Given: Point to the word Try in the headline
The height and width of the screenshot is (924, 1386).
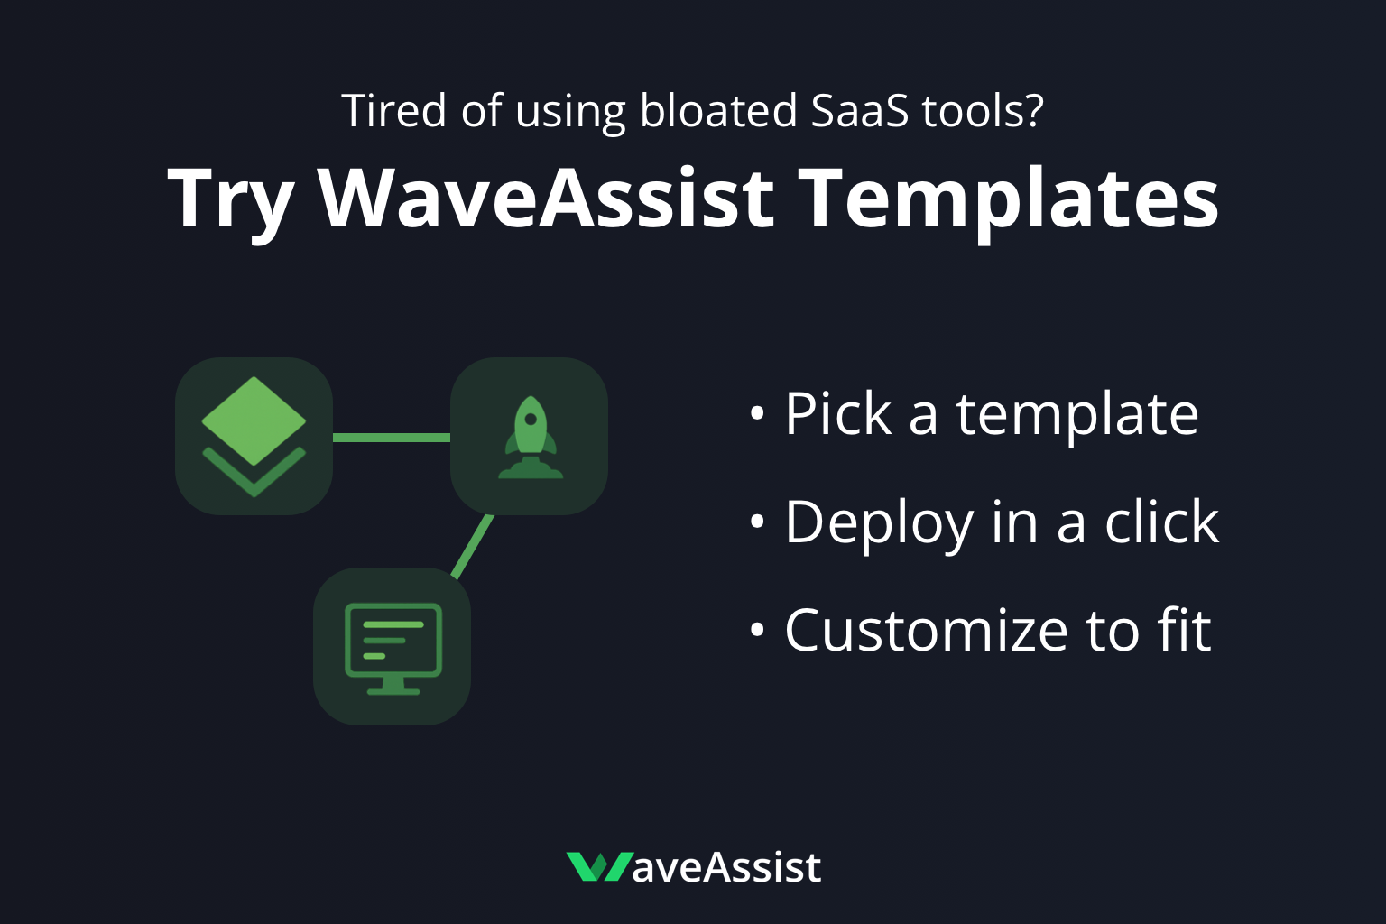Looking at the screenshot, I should pos(231,200).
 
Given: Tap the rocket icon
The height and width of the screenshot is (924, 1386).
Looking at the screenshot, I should pos(531,437).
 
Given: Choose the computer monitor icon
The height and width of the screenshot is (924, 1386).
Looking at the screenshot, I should pos(393,647).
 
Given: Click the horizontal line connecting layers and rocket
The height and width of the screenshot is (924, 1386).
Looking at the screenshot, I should pos(392,438).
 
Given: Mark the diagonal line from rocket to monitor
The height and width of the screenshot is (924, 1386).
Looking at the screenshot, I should pos(473,546).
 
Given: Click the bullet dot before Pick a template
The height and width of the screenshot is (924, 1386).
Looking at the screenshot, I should pos(757,414).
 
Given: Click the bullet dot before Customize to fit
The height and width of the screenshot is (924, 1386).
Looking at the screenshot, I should pos(757,629).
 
